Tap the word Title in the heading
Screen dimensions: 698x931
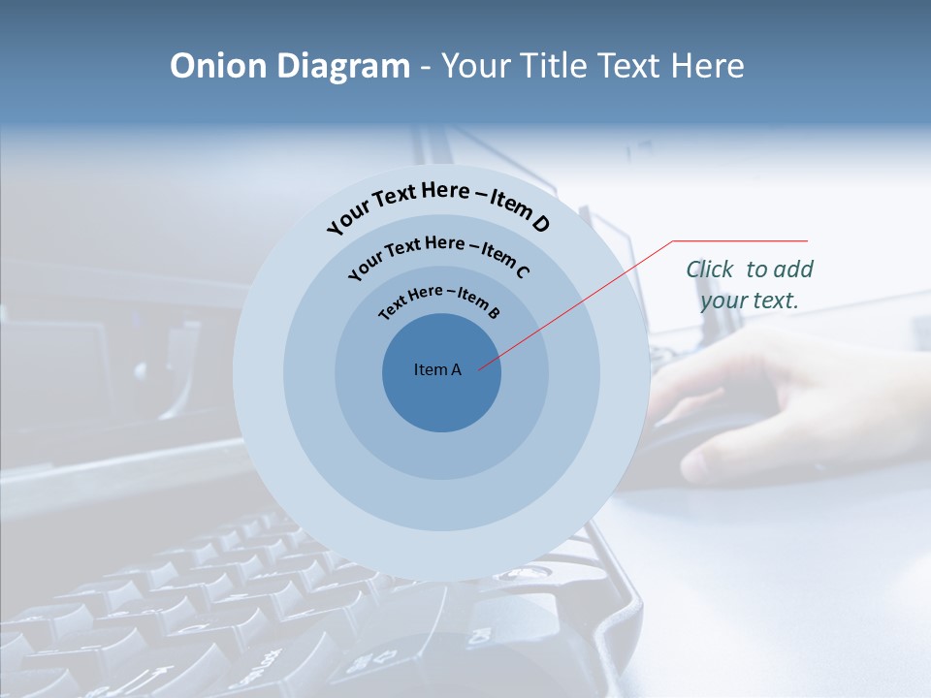point(558,66)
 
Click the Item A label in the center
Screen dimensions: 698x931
point(437,369)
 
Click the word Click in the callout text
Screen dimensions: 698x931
point(711,270)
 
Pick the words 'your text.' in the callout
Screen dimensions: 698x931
point(750,301)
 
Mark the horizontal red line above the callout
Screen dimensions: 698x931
point(740,240)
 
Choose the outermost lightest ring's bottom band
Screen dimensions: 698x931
point(441,557)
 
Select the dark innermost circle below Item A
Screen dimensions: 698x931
point(441,407)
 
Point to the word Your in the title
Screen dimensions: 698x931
point(479,66)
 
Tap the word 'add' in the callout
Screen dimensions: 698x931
point(795,270)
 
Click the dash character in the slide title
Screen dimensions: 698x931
point(426,66)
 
